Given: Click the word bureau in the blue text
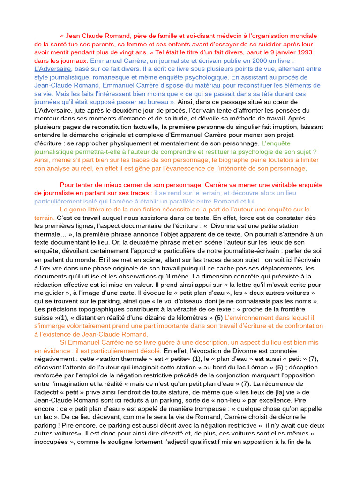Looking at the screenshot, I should click(157, 102).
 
